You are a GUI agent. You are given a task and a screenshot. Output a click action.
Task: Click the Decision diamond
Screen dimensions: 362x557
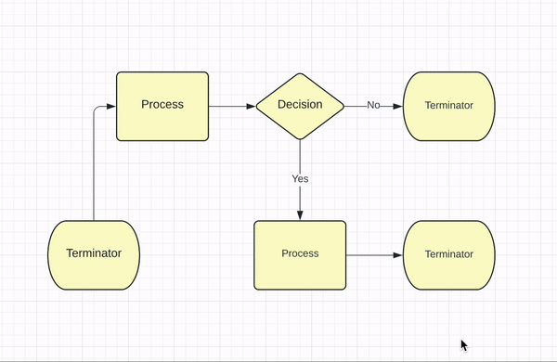click(300, 106)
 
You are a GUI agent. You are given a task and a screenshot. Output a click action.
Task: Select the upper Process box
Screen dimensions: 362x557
click(162, 106)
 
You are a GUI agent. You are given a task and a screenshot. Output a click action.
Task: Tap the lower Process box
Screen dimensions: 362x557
click(300, 254)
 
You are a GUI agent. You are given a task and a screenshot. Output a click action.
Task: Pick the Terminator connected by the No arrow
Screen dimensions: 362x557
click(448, 106)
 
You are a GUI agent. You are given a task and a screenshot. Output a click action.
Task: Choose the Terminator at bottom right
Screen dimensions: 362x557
click(448, 254)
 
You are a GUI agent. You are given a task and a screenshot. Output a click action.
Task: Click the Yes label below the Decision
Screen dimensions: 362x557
click(300, 178)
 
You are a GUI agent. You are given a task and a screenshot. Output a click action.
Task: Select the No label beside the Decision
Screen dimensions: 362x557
click(373, 106)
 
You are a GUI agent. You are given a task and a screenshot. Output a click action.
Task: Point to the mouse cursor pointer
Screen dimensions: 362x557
click(464, 344)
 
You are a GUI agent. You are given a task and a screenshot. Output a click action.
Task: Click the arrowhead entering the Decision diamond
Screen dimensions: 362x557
click(250, 106)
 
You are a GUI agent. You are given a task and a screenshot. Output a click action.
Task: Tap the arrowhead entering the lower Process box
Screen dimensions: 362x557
click(300, 215)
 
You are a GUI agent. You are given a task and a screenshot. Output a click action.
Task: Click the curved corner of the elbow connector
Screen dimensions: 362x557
click(96, 109)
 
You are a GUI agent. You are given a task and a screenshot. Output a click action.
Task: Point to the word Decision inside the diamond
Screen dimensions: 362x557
click(300, 104)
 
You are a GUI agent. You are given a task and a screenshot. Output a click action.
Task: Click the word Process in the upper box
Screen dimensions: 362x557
click(162, 104)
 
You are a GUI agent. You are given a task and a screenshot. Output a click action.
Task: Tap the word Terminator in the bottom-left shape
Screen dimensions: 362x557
click(94, 252)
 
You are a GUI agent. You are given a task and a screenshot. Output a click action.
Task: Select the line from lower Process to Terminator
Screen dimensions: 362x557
click(371, 254)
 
